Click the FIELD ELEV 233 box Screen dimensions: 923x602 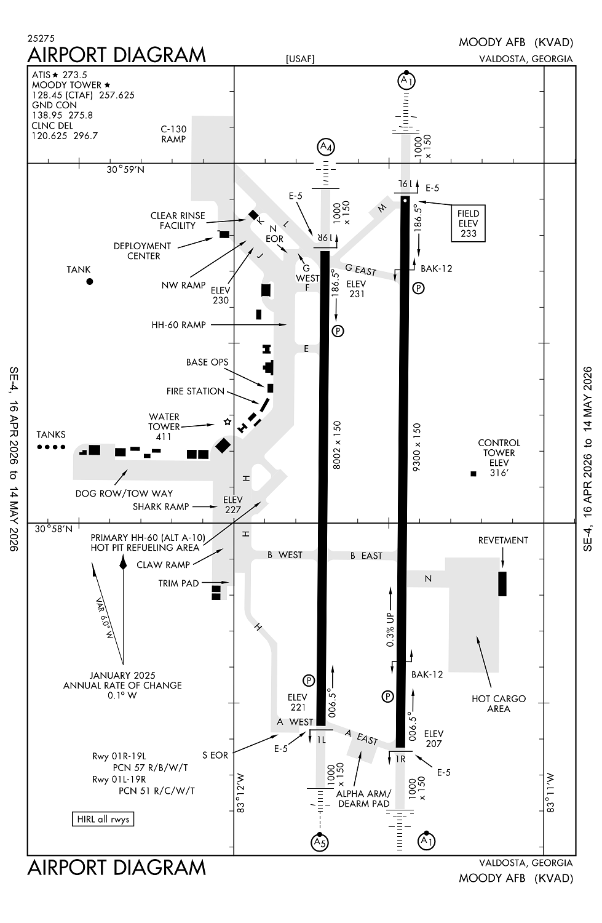468,223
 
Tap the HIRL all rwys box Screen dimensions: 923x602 103,819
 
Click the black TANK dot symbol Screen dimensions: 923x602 90,281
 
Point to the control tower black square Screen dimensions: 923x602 473,473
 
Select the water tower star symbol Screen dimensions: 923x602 228,422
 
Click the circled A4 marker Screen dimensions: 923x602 326,147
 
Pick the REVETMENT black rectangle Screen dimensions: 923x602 502,583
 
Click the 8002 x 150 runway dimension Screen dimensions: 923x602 336,445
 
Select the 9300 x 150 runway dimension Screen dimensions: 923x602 417,447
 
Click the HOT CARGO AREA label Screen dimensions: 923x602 499,703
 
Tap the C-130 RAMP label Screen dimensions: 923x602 173,134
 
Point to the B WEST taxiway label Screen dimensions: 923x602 285,555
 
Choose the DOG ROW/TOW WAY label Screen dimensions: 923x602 124,493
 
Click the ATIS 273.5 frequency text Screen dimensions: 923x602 60,75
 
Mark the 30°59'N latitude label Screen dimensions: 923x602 125,169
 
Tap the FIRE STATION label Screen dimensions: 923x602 195,391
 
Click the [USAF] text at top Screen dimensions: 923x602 300,59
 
